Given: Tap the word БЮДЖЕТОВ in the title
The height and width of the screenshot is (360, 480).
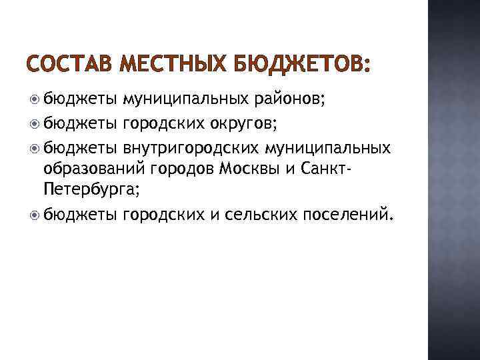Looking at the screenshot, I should click(308, 66).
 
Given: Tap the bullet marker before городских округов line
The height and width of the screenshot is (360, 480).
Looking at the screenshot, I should click(35, 125).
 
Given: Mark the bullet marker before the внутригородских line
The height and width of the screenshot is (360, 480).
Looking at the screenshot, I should click(35, 149).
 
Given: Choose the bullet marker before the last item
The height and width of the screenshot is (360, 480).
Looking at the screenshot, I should click(35, 214).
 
